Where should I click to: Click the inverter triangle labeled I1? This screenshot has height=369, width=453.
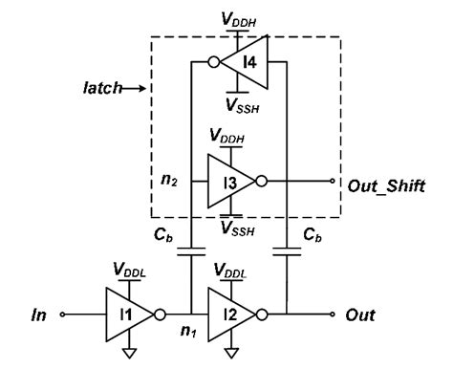130,313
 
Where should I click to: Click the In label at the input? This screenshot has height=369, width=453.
37,314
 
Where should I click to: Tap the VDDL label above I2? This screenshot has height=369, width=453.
234,270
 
